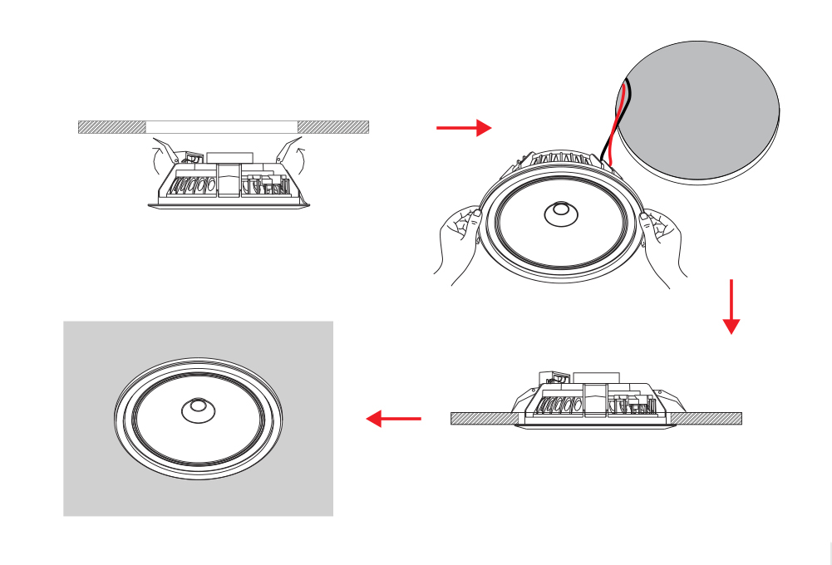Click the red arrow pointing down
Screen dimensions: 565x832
(x=731, y=307)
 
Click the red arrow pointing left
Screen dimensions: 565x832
(x=394, y=419)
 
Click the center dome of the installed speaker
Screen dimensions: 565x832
(x=198, y=409)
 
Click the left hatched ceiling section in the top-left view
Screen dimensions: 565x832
(x=111, y=127)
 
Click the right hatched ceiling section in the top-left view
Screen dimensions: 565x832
(x=332, y=127)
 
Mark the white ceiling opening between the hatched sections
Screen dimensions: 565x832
(x=222, y=127)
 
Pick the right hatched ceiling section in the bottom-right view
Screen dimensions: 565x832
(x=711, y=419)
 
